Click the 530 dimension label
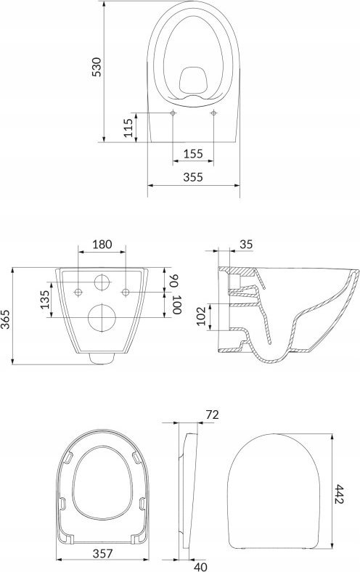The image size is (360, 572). click(97, 67)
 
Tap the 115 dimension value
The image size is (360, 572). click(128, 128)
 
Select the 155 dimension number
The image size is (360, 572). click(193, 154)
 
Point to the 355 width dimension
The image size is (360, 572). click(193, 177)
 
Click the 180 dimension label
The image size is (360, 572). click(102, 244)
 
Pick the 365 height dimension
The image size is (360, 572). click(6, 319)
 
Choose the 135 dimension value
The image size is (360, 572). click(44, 300)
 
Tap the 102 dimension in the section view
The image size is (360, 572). click(201, 316)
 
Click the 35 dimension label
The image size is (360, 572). click(246, 245)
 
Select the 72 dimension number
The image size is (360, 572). click(212, 414)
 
